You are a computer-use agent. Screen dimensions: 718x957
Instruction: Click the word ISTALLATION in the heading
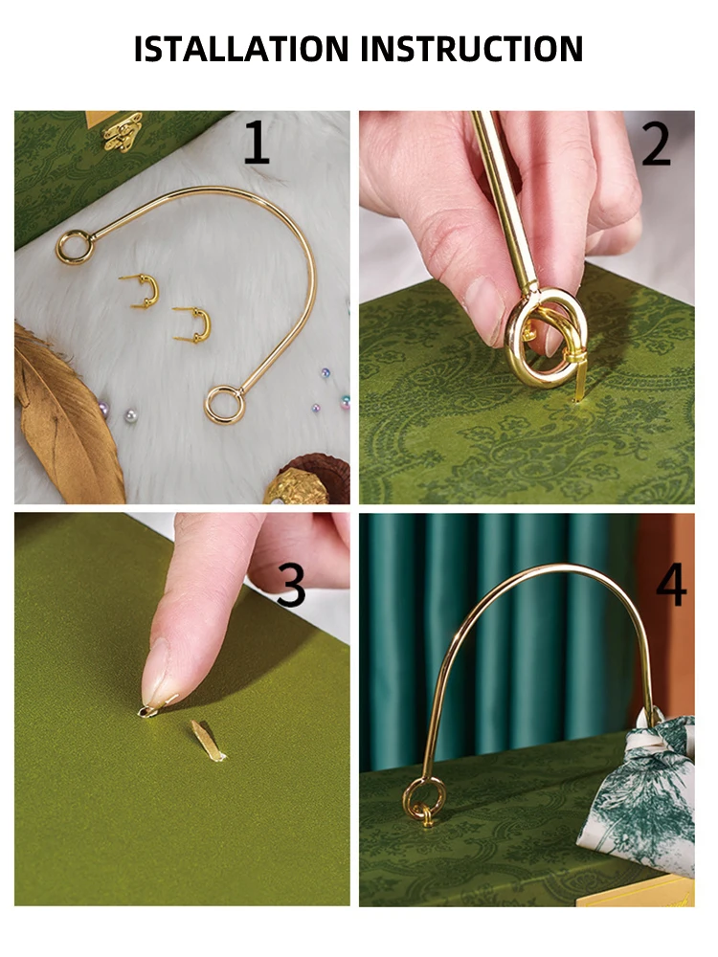tap(241, 49)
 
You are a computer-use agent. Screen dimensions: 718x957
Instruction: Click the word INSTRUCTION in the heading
tap(472, 49)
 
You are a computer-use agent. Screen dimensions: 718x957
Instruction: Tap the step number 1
tap(257, 142)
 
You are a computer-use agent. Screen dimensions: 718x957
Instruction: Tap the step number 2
tap(657, 145)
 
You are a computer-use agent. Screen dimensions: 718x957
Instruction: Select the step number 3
tap(291, 585)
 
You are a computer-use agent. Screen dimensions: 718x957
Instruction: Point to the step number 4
tap(671, 585)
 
